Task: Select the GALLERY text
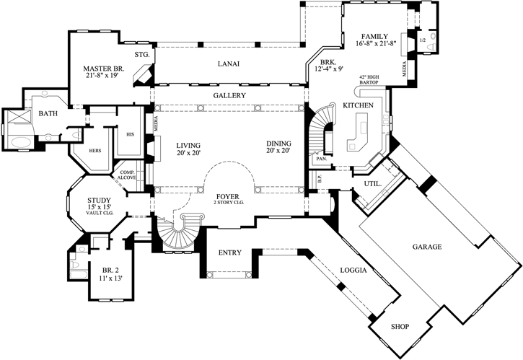229,95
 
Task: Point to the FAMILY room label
375,36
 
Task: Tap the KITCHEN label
358,106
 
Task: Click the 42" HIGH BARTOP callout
369,79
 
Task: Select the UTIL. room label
372,184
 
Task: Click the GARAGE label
427,247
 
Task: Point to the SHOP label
400,327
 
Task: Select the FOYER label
229,196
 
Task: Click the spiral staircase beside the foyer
176,234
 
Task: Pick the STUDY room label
98,201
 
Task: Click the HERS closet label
95,151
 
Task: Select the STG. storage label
141,55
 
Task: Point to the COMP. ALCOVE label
127,175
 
